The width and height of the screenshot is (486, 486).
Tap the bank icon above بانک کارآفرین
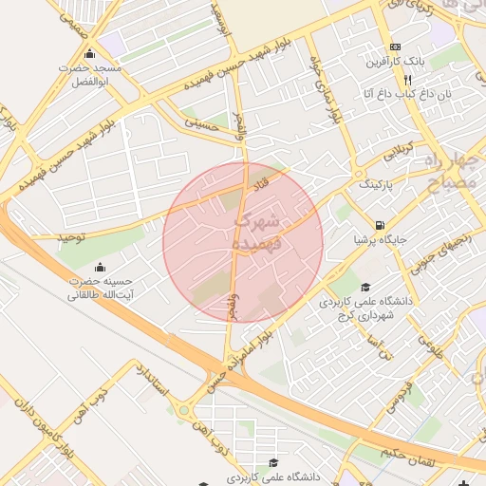pyautogui.click(x=396, y=47)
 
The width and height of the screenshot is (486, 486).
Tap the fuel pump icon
pyautogui.click(x=380, y=226)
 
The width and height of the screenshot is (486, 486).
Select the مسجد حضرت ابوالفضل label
pyautogui.click(x=90, y=75)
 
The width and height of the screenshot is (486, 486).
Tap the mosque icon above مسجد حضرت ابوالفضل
pyautogui.click(x=90, y=53)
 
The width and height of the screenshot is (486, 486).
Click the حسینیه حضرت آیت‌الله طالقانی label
pyautogui.click(x=101, y=288)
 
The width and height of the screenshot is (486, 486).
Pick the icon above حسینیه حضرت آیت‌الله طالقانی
pyautogui.click(x=101, y=266)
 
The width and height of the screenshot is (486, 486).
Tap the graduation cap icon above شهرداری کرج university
pyautogui.click(x=366, y=287)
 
